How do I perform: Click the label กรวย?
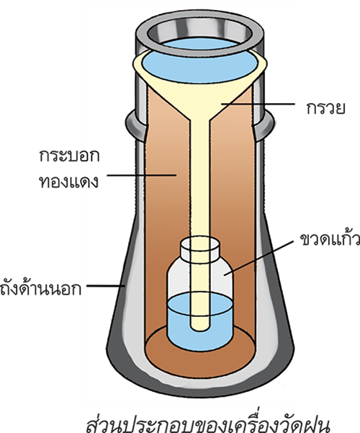point(325,107)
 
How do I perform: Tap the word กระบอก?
point(69,156)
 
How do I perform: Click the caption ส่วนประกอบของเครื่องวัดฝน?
point(208,423)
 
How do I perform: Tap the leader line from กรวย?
point(258,104)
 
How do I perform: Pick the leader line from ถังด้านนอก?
point(106,286)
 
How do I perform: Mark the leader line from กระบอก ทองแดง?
point(142,175)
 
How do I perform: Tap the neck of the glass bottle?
point(200,249)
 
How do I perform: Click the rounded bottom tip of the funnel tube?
point(200,328)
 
